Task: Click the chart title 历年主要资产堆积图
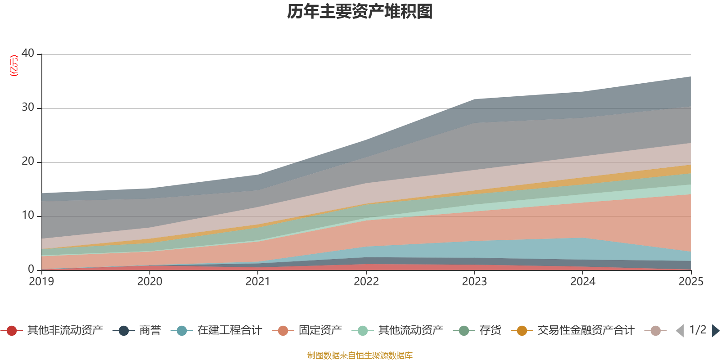(360, 12)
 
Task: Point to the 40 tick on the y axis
(28, 53)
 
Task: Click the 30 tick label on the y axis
(28, 107)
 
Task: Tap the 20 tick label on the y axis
(28, 161)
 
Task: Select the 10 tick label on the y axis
(28, 215)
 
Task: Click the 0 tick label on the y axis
(31, 269)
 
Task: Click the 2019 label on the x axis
(41, 282)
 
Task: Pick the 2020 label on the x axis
(150, 282)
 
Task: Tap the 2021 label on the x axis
(258, 282)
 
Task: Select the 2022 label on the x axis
(366, 282)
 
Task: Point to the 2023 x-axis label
(474, 282)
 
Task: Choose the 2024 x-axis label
(583, 282)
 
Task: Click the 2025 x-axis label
(691, 282)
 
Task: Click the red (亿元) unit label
(14, 66)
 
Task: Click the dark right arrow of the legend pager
(715, 331)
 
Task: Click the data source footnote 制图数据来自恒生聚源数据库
(360, 355)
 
